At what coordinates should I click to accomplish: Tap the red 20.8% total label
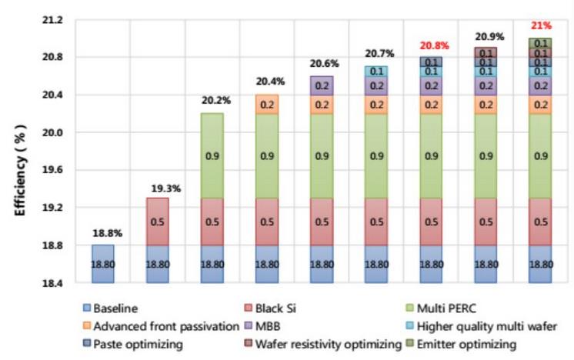point(432,45)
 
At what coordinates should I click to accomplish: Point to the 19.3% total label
point(157,187)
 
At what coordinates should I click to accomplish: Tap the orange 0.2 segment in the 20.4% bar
point(266,104)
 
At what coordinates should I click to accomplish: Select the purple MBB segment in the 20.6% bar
point(322,85)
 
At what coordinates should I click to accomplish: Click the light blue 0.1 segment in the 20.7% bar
point(377,71)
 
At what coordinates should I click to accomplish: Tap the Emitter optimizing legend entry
point(469,344)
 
